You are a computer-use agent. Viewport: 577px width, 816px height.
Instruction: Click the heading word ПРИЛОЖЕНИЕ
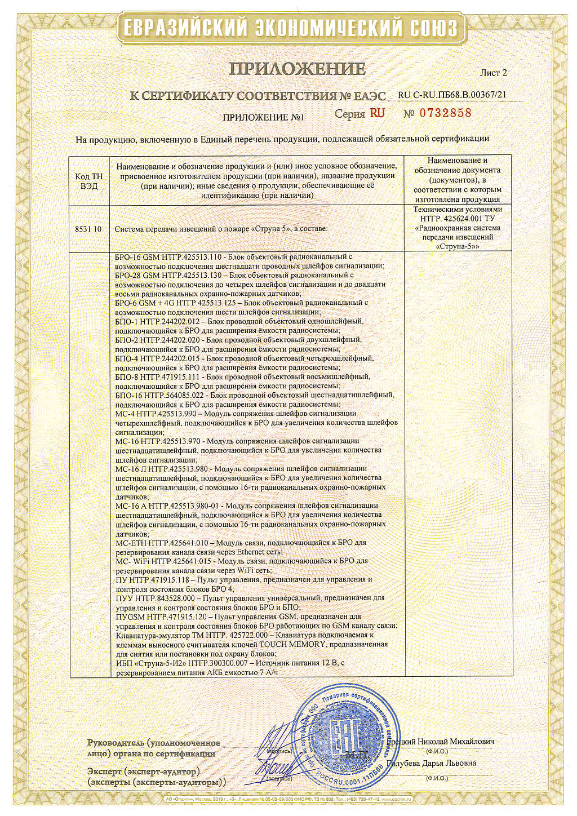point(297,69)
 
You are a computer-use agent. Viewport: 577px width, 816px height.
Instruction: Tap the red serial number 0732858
point(445,113)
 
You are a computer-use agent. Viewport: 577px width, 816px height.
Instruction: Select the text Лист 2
point(493,73)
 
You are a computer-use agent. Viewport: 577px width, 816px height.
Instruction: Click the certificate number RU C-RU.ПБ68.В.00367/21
point(452,95)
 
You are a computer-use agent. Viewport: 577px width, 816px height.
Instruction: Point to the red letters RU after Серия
point(377,113)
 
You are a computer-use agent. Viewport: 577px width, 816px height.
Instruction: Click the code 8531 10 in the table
point(88,229)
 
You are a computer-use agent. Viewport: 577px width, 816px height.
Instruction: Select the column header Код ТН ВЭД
point(89,181)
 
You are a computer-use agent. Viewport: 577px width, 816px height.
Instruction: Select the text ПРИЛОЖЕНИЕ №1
point(263,118)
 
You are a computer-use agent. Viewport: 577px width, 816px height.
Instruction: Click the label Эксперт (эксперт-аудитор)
point(143,771)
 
